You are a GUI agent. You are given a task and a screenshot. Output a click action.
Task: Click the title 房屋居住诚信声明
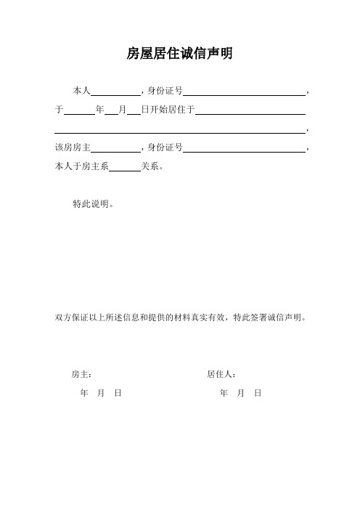[179, 54]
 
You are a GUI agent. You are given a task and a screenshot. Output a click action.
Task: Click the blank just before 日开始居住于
[134, 111]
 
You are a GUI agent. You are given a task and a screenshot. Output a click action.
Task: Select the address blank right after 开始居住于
[250, 111]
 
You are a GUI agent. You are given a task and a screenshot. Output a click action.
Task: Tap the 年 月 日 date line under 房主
[100, 393]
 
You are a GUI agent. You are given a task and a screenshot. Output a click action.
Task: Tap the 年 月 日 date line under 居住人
[240, 393]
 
